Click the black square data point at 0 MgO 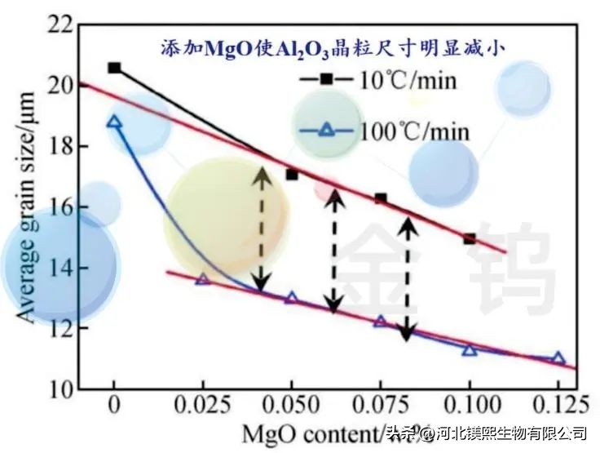coord(114,68)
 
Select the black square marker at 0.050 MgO coord(292,175)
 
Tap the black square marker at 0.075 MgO coord(380,199)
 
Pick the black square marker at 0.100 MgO coord(469,239)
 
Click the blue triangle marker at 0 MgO coord(114,122)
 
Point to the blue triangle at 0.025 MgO coord(203,279)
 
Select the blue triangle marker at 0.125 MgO coord(558,358)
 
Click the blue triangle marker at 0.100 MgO coord(469,349)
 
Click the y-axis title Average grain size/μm coord(27,207)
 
